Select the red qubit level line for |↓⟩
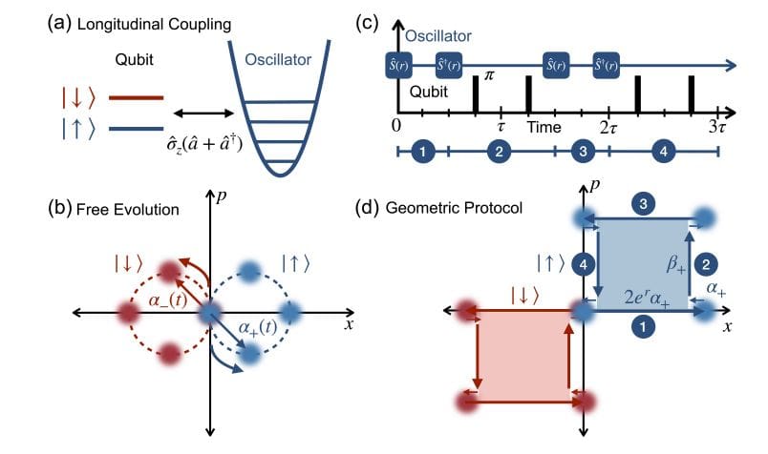tap(137, 97)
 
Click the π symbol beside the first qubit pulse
tap(489, 74)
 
